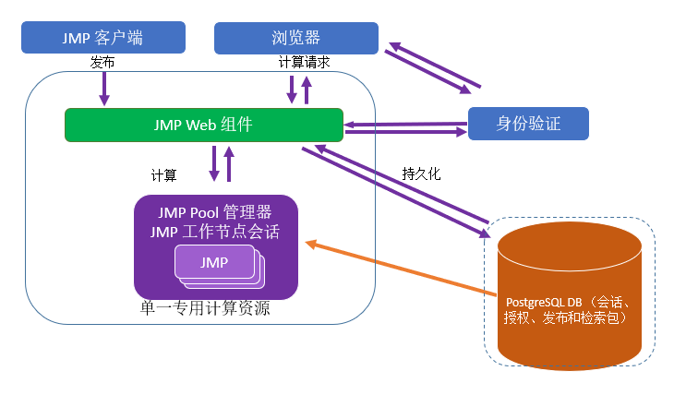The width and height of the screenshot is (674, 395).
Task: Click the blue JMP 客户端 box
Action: point(102,38)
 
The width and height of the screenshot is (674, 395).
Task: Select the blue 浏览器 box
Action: point(295,38)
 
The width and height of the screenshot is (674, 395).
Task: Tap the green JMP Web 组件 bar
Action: point(203,125)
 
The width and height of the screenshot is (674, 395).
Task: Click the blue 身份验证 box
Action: point(528,123)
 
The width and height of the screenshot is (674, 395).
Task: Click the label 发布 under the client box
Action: point(102,63)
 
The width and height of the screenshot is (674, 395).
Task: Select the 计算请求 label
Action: point(304,63)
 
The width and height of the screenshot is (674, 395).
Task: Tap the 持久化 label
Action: point(422,173)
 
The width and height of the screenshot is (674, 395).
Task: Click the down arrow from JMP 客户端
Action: point(104,88)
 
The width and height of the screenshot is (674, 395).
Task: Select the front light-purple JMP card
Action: point(214,262)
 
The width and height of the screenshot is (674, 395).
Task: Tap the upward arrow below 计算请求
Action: point(307,90)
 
